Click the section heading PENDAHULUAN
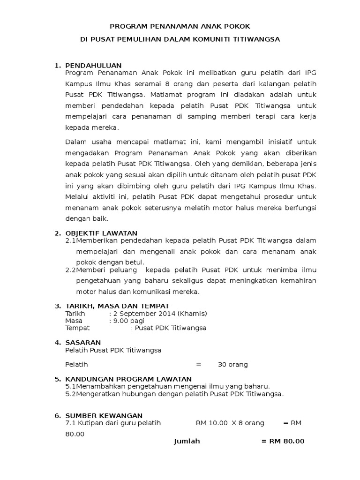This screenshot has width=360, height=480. [93, 65]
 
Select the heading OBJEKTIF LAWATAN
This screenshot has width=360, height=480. [101, 233]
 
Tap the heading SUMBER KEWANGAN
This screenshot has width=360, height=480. [104, 415]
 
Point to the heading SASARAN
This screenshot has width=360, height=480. [83, 343]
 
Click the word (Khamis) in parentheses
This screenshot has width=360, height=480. [192, 313]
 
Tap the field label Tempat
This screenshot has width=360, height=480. [77, 328]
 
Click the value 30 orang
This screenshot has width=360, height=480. [232, 364]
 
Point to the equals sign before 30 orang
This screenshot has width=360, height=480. [198, 364]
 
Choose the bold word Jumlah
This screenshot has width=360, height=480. [187, 441]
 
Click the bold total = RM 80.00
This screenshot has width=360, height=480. [283, 441]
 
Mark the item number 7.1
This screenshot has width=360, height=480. [71, 423]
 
